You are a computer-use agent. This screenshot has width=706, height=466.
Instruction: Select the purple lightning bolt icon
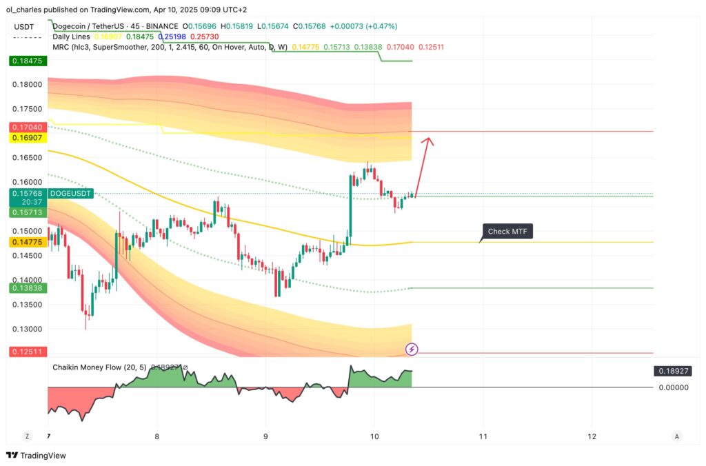tap(412, 349)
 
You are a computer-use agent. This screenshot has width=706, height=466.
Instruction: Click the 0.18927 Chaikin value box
tap(672, 371)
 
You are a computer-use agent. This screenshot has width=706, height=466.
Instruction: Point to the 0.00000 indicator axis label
tap(672, 387)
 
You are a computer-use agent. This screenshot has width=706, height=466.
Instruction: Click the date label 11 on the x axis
tap(483, 436)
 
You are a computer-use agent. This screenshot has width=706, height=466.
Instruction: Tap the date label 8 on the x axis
tap(157, 436)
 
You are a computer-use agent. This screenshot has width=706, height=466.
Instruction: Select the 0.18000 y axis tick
tap(28, 85)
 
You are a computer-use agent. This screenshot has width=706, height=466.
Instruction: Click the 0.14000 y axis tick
tap(28, 280)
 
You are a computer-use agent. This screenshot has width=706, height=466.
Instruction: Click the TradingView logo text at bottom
tap(39, 456)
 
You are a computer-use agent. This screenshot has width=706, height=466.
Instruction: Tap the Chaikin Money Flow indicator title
tap(99, 367)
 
